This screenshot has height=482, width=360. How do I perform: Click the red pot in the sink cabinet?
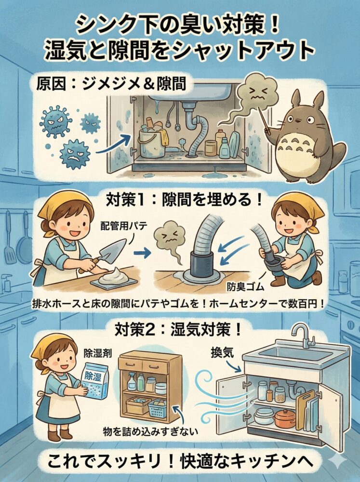(285, 418)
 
